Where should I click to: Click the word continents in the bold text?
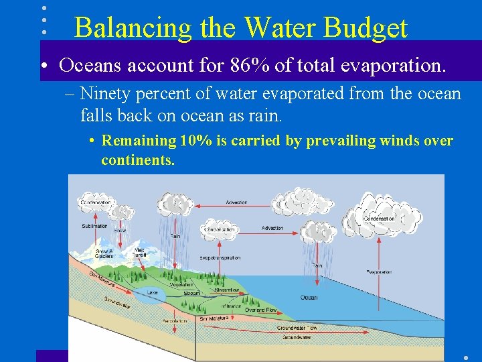pyautogui.click(x=137, y=161)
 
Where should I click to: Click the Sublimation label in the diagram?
pyautogui.click(x=95, y=227)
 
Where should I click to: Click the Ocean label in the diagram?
pyautogui.click(x=309, y=298)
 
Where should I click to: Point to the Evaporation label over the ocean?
pyautogui.click(x=379, y=271)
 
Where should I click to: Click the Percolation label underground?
pyautogui.click(x=175, y=321)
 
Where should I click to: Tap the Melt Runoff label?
pyautogui.click(x=139, y=252)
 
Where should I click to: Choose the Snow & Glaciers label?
pyautogui.click(x=104, y=253)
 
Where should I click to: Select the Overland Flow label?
pyautogui.click(x=262, y=310)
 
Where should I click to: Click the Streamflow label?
pyautogui.click(x=227, y=290)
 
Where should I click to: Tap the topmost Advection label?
pyautogui.click(x=236, y=202)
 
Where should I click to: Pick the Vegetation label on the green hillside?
pyautogui.click(x=181, y=285)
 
